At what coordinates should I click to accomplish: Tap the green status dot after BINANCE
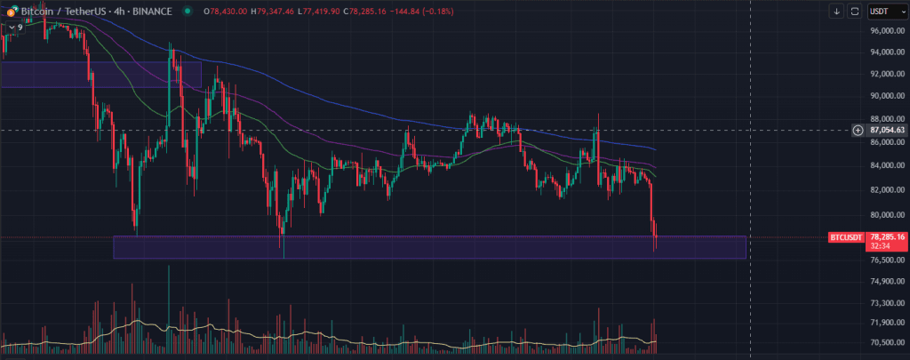[186, 11]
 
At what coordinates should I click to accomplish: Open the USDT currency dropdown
[883, 11]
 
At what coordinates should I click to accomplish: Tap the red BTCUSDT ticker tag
[845, 237]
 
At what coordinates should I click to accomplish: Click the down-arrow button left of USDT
[836, 11]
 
